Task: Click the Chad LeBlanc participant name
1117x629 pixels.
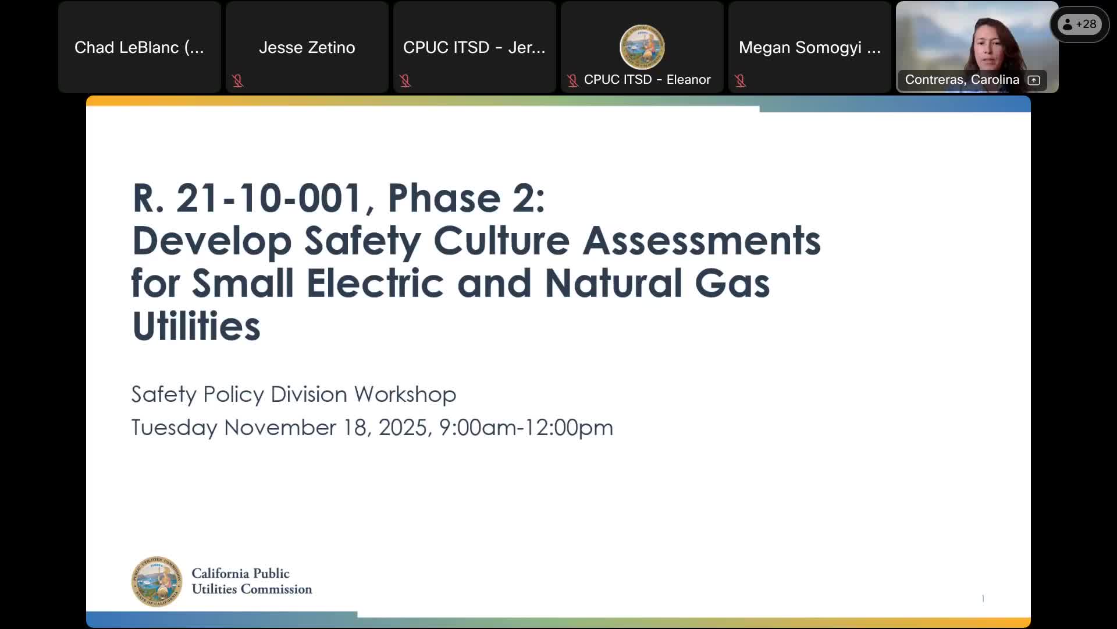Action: pos(139,47)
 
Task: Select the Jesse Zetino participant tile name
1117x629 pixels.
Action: pos(307,47)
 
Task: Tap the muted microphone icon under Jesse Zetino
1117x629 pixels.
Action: pos(237,80)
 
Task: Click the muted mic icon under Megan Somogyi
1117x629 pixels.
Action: pos(740,80)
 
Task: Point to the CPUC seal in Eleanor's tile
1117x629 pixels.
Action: pos(642,47)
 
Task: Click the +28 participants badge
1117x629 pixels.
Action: pos(1079,24)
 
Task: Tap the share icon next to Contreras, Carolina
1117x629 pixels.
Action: pos(1034,80)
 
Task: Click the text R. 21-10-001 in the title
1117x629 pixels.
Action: pos(247,198)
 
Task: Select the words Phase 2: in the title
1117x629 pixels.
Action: pos(466,198)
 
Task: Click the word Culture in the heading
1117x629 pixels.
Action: pos(501,241)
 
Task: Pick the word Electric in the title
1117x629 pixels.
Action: pos(375,284)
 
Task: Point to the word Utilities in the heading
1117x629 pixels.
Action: pos(196,326)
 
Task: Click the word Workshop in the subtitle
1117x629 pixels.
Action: pos(405,394)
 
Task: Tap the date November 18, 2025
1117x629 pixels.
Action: pos(325,427)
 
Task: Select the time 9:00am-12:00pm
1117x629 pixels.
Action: pos(525,427)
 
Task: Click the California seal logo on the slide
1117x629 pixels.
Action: pos(156,581)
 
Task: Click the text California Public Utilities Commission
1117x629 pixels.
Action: pos(251,581)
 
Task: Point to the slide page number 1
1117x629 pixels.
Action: pos(983,598)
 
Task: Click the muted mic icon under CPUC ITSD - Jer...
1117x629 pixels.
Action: pos(405,80)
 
